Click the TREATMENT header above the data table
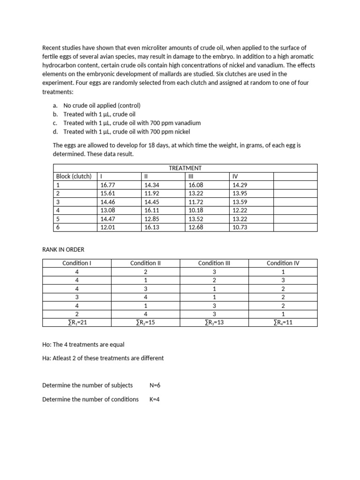[x=185, y=168]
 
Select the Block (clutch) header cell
[x=74, y=176]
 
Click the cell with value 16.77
[x=107, y=185]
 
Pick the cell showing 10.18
[x=196, y=210]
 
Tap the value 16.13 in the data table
[x=152, y=227]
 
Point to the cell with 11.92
[x=152, y=193]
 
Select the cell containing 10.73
[x=240, y=227]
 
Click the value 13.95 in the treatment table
[x=240, y=193]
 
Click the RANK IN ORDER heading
[x=63, y=249]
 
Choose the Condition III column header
[x=214, y=263]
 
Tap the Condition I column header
[x=76, y=263]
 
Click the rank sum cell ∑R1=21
[x=76, y=322]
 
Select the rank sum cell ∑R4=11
[x=283, y=322]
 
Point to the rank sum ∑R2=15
[x=145, y=322]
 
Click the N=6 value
[x=155, y=385]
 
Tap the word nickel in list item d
[x=183, y=132]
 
